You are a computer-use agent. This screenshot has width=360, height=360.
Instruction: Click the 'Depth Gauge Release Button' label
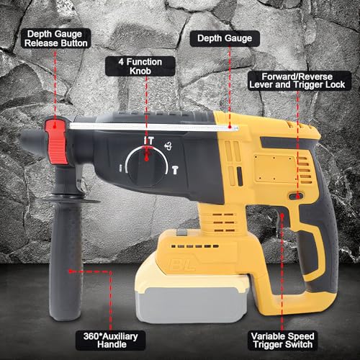click(56, 39)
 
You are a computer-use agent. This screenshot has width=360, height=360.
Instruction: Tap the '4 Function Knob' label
click(140, 66)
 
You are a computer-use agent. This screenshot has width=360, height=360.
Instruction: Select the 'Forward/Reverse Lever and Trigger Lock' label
click(297, 81)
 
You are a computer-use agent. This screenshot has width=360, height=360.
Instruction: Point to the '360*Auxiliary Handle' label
click(111, 341)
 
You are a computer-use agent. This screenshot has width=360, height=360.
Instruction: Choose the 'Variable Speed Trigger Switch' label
click(283, 341)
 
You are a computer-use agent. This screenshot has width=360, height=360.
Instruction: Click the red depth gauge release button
click(57, 142)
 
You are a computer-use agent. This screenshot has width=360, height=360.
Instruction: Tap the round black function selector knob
click(147, 166)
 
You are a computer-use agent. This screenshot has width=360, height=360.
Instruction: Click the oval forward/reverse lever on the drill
click(296, 197)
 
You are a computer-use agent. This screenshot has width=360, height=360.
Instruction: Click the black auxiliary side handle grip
click(66, 259)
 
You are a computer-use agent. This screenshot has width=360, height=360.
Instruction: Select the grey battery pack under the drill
click(192, 305)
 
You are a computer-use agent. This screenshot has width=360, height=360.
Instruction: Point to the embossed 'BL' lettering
click(182, 265)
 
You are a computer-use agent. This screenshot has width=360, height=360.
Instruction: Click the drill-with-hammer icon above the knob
click(149, 140)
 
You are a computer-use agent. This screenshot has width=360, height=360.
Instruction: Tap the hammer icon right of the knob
click(176, 170)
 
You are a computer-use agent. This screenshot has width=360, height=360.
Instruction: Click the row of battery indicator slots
click(195, 246)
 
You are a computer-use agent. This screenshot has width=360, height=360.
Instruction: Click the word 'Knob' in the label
click(140, 71)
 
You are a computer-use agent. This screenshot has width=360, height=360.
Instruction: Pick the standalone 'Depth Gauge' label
click(225, 39)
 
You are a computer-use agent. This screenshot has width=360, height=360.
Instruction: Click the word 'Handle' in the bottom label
click(112, 345)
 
